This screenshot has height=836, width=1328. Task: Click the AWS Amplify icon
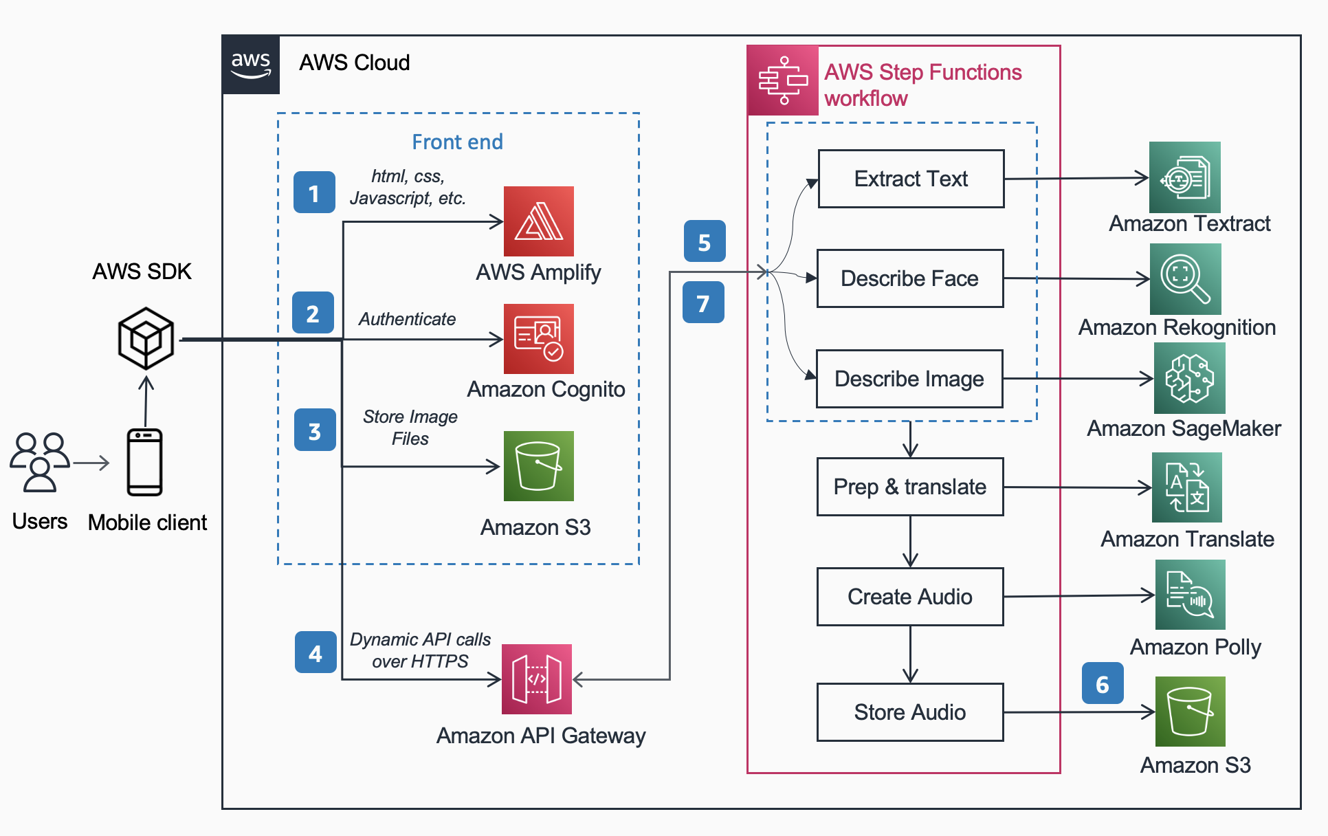(x=538, y=221)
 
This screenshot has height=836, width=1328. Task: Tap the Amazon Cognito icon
(x=538, y=339)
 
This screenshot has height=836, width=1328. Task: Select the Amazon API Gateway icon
(x=537, y=679)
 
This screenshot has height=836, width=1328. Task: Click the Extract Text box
(x=911, y=179)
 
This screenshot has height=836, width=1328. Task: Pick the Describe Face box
(x=909, y=278)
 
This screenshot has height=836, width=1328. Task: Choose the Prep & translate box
(x=909, y=487)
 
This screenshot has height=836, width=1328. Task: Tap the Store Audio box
(x=909, y=712)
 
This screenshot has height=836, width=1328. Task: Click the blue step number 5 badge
(x=705, y=241)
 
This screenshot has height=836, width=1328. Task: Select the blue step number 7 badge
(x=703, y=302)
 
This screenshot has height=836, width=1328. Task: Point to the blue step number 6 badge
(x=1103, y=683)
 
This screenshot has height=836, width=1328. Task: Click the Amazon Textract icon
(x=1184, y=177)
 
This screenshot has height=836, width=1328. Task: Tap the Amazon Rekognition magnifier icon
(x=1185, y=278)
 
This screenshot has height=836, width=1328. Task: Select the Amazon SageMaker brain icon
(x=1189, y=378)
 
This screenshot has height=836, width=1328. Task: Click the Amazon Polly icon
(x=1190, y=595)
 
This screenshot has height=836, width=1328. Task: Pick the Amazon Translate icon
(x=1186, y=487)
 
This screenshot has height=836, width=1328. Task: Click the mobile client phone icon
(x=144, y=462)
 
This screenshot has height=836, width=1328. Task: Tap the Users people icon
(x=40, y=462)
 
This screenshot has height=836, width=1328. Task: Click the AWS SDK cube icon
(x=146, y=338)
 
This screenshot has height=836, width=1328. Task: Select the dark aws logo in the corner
(x=251, y=64)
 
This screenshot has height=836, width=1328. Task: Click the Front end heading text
(x=457, y=142)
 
